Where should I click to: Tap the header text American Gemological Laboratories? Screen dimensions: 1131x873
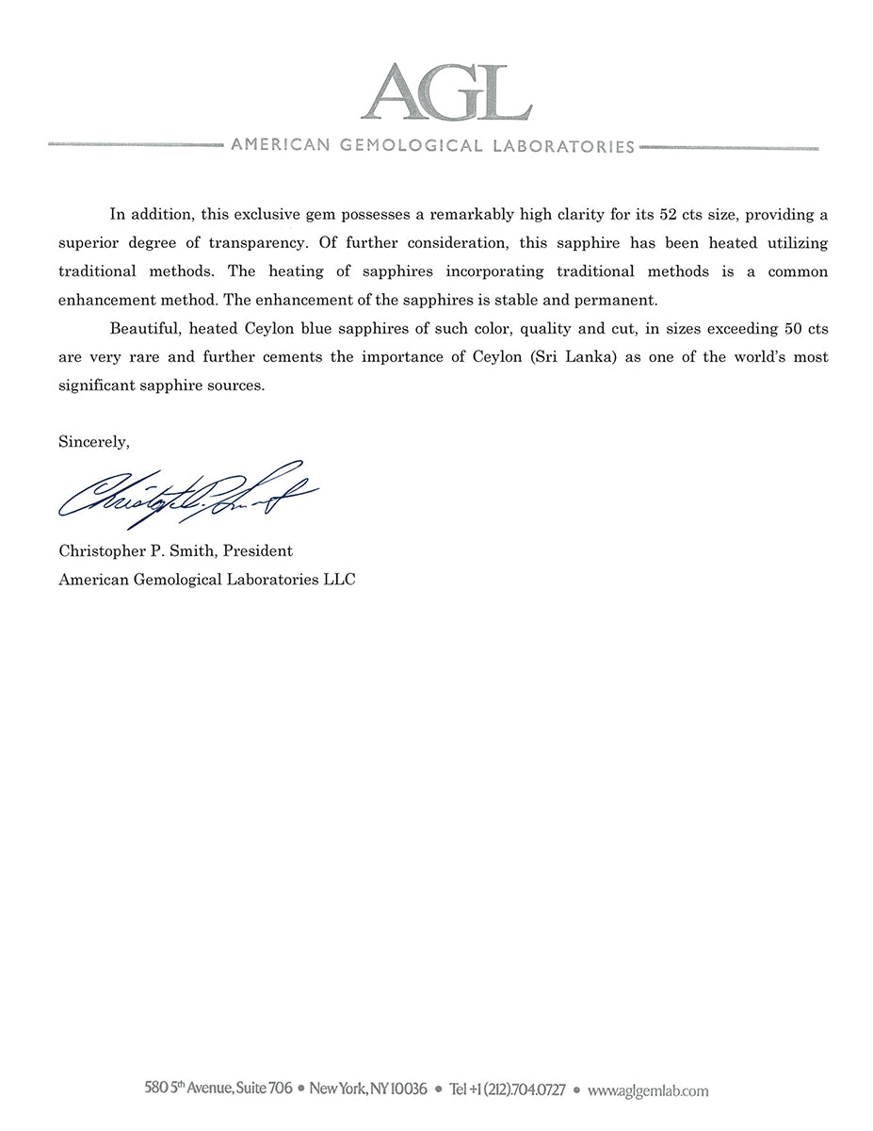(x=432, y=146)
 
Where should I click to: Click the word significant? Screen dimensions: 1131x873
(x=99, y=386)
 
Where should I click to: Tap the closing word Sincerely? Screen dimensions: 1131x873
(x=93, y=441)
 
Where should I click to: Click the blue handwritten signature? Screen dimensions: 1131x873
(x=187, y=494)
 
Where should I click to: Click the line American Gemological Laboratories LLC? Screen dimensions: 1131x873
(x=207, y=580)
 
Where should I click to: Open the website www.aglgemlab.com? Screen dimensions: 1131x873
(x=647, y=1090)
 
